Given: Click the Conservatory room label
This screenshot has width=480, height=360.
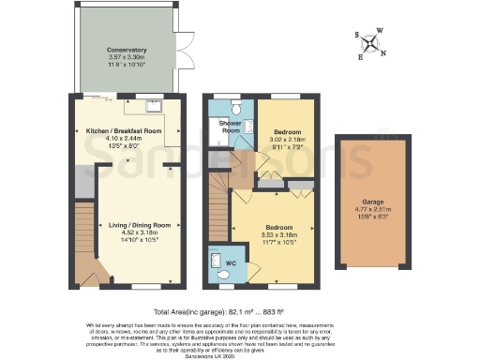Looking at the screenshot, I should pyautogui.click(x=126, y=50).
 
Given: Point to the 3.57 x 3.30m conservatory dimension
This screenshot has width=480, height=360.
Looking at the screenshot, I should pyautogui.click(x=126, y=57).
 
